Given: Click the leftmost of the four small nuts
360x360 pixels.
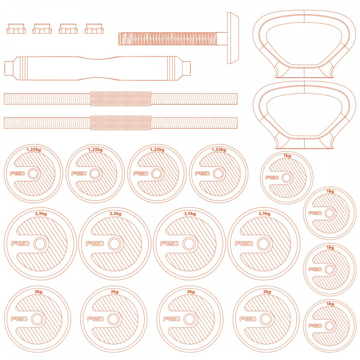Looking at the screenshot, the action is click(16, 29).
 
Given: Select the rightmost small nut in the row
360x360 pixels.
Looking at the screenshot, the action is click(94, 29).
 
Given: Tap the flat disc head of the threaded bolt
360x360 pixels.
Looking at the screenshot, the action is click(233, 38).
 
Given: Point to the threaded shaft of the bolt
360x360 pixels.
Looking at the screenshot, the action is click(168, 39).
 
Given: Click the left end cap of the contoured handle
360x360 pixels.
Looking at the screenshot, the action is click(10, 68).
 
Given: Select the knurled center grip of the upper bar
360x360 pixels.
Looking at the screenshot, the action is click(121, 99).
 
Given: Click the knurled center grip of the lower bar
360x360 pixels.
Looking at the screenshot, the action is click(121, 123).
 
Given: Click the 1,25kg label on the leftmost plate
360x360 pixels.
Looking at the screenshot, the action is click(34, 150).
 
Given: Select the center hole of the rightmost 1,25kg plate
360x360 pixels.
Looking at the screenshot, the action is click(219, 174).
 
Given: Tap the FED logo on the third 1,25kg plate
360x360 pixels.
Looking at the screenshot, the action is click(140, 174).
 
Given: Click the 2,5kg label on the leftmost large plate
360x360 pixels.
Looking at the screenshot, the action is click(41, 213).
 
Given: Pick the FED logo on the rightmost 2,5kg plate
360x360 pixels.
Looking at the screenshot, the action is click(244, 243).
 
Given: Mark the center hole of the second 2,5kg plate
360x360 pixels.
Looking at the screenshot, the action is click(114, 244).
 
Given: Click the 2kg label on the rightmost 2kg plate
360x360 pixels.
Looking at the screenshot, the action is click(267, 292).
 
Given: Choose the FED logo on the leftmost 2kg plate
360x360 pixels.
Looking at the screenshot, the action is click(19, 319).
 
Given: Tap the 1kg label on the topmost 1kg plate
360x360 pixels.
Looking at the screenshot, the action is click(287, 156).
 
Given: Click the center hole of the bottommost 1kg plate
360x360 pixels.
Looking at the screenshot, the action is click(329, 326).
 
